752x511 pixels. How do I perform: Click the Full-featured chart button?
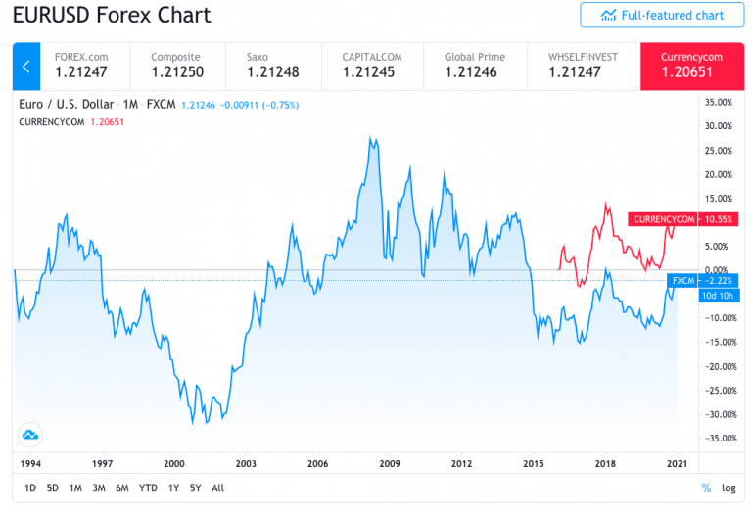click(x=662, y=15)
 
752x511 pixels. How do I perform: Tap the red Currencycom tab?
click(x=684, y=65)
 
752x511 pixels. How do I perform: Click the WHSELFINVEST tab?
click(x=584, y=65)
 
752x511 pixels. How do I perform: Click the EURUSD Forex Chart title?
click(x=111, y=16)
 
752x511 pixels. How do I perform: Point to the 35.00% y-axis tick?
click(x=719, y=102)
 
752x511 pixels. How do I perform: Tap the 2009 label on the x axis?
click(x=390, y=463)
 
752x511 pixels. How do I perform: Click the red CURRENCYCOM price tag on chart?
click(x=663, y=219)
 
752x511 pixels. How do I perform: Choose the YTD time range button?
click(x=148, y=488)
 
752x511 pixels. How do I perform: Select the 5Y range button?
click(x=196, y=488)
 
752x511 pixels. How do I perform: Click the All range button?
click(x=217, y=488)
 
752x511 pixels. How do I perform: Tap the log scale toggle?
click(x=728, y=488)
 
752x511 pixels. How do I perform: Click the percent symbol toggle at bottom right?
click(x=706, y=488)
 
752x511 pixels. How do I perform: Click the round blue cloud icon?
click(x=29, y=434)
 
